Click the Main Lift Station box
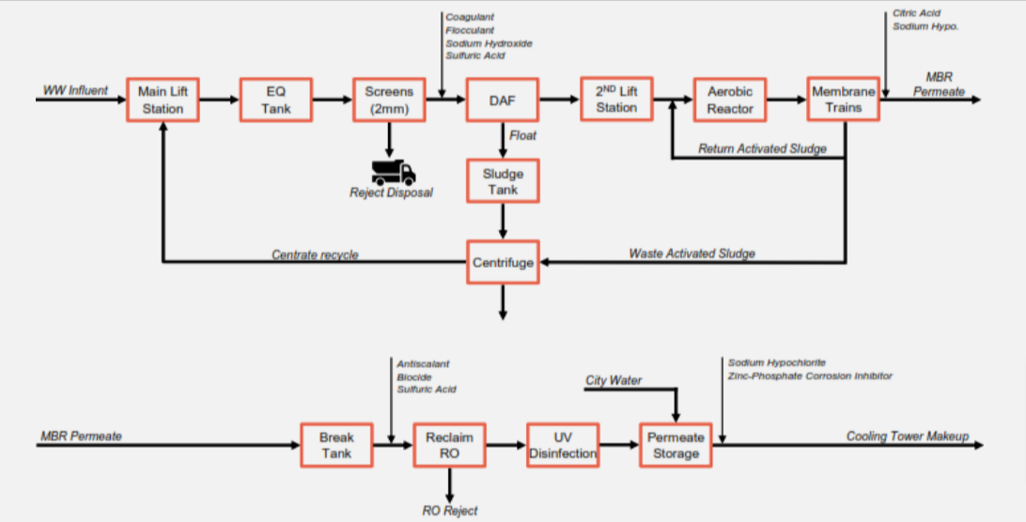[164, 100]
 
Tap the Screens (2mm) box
[389, 100]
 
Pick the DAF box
[503, 100]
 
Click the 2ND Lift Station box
[615, 100]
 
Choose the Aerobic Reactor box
[730, 100]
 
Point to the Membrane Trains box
[843, 100]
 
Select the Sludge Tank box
[503, 181]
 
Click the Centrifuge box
[503, 262]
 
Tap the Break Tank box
[336, 445]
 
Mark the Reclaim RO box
[450, 445]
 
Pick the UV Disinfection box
[563, 445]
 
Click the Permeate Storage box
[676, 445]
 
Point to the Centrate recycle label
[315, 254]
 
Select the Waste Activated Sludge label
[692, 253]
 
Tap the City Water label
[614, 380]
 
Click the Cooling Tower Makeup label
[907, 437]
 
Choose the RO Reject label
[449, 511]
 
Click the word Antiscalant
[424, 364]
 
